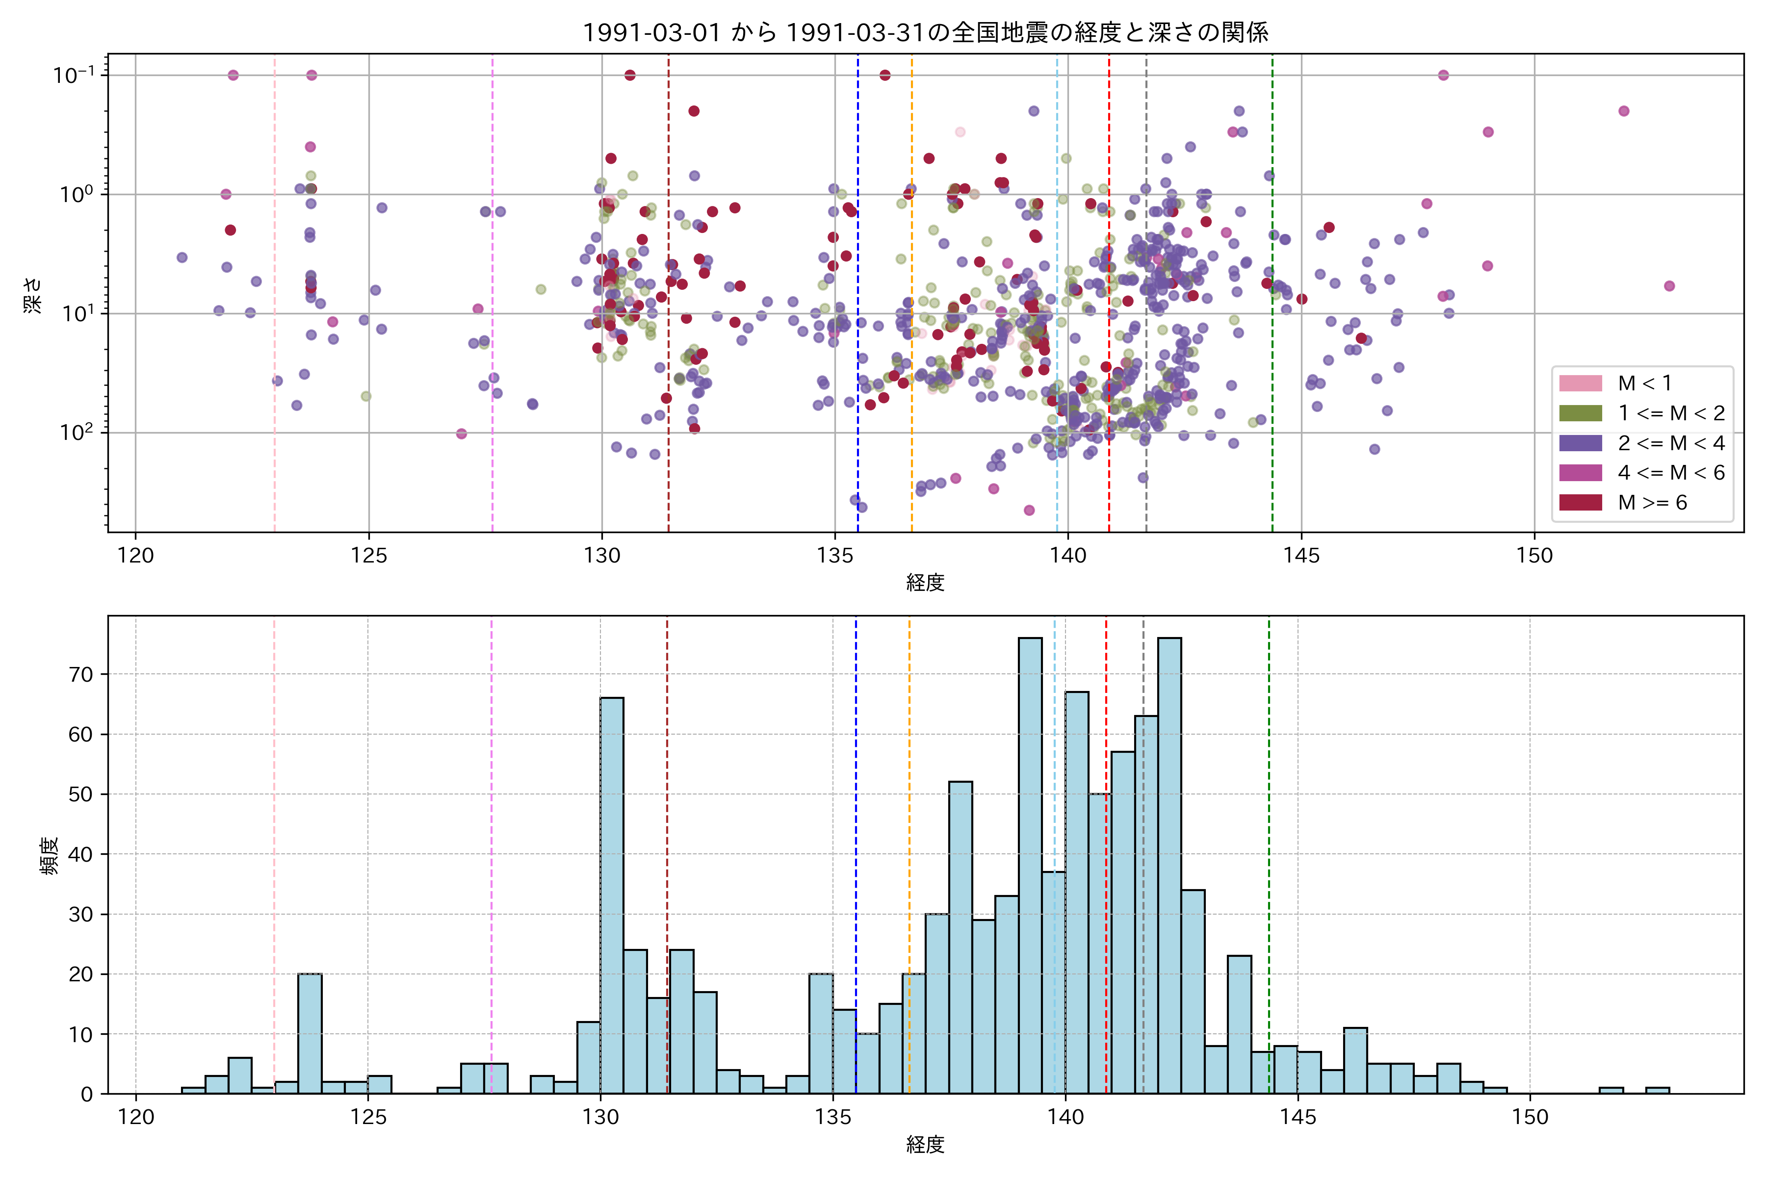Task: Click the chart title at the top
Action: click(925, 32)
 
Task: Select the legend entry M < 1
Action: click(1644, 384)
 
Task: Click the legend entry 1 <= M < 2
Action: click(1671, 413)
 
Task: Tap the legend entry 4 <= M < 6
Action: click(1671, 473)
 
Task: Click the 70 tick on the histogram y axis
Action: click(81, 674)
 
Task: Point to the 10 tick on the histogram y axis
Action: click(81, 1034)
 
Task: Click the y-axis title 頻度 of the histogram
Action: click(50, 856)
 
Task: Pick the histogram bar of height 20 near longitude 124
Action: click(310, 1034)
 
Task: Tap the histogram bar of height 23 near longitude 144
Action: click(1239, 1024)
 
